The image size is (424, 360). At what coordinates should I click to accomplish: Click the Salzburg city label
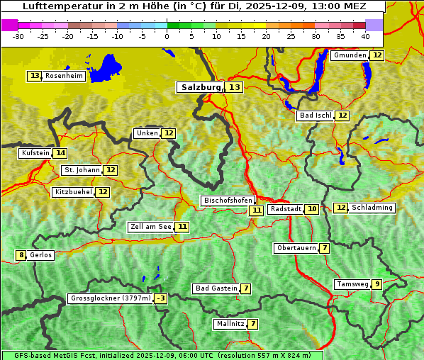(x=201, y=87)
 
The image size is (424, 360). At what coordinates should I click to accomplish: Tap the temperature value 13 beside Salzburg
(x=234, y=87)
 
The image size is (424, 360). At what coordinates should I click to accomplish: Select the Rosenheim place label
(x=64, y=76)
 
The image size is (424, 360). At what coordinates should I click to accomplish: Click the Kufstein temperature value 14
(x=60, y=153)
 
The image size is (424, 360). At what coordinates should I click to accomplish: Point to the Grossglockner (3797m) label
(x=111, y=299)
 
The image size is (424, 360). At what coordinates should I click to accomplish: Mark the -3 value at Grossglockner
(x=161, y=299)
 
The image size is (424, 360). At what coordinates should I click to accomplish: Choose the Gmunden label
(x=350, y=55)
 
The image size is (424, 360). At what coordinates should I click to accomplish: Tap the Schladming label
(x=372, y=208)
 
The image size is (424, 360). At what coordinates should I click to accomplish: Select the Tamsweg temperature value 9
(x=377, y=284)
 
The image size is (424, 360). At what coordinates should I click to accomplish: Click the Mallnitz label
(x=230, y=324)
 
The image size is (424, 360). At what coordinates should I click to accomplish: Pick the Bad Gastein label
(x=216, y=288)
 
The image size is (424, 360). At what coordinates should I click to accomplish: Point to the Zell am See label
(x=151, y=227)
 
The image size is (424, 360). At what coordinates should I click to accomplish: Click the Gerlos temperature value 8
(x=21, y=255)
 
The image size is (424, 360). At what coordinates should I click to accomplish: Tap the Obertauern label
(x=296, y=248)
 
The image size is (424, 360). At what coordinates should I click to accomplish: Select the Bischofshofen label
(x=228, y=201)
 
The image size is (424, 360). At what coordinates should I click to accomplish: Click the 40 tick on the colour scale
(x=365, y=35)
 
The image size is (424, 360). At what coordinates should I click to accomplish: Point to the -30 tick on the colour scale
(x=18, y=35)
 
